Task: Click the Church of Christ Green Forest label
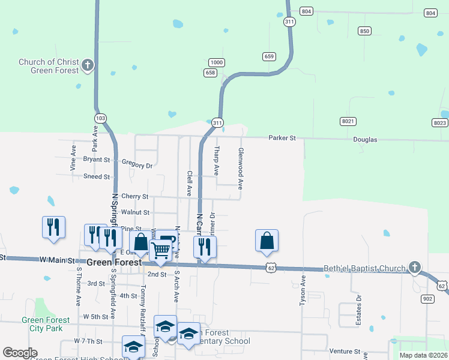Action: click(49, 66)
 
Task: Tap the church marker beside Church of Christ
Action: click(88, 65)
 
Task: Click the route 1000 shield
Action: click(217, 62)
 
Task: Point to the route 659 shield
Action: click(269, 56)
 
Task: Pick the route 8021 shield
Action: click(348, 121)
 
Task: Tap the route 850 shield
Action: click(364, 31)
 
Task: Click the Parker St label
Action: click(282, 139)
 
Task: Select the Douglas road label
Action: click(365, 139)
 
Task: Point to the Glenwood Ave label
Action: click(241, 169)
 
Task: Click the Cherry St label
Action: click(134, 196)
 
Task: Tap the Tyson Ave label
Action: click(303, 291)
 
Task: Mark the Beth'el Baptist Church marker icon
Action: click(414, 267)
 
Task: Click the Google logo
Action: click(20, 353)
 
